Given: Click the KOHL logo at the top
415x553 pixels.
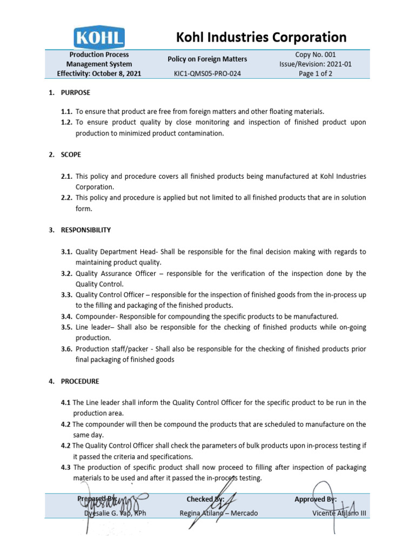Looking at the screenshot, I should click(99, 37).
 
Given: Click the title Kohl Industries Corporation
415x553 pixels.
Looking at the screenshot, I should click(262, 37).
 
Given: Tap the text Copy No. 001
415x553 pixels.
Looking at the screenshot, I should click(316, 55).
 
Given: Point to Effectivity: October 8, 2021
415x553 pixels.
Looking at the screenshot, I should click(99, 74).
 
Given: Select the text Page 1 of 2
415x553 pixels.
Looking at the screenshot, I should click(316, 74).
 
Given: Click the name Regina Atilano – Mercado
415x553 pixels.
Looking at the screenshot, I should click(218, 513).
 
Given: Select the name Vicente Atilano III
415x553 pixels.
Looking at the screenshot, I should click(339, 513).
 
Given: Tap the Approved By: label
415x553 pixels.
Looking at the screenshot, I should click(315, 500).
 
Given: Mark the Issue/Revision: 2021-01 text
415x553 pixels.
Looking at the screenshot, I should click(316, 64).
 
